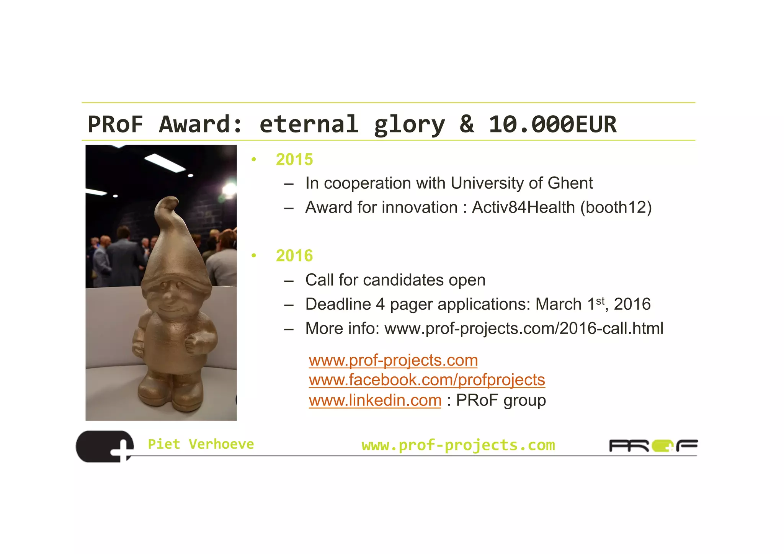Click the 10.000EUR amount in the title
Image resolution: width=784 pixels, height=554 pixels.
(552, 124)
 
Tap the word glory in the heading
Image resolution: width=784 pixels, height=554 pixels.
(409, 124)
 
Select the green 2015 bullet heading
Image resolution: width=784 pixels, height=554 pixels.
(294, 160)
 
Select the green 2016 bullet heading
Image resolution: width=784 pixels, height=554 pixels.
(294, 256)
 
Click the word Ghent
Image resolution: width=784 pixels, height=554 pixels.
(570, 183)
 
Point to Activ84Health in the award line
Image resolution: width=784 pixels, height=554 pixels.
(523, 208)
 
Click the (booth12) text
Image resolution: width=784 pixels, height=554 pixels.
(616, 208)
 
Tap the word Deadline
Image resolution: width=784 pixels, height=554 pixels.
(338, 304)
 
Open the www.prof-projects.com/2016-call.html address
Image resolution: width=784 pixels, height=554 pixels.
(524, 328)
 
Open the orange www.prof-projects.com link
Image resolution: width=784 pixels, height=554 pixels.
(393, 360)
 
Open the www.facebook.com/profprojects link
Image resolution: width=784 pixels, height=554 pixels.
(427, 380)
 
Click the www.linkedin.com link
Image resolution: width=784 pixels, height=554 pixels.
(375, 400)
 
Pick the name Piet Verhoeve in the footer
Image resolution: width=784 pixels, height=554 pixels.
(201, 444)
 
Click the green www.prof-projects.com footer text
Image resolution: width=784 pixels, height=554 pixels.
(458, 445)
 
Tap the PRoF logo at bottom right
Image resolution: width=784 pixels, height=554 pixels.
(653, 446)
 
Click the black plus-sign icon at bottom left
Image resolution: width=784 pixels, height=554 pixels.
(105, 446)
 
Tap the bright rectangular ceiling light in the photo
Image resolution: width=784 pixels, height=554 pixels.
(165, 162)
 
